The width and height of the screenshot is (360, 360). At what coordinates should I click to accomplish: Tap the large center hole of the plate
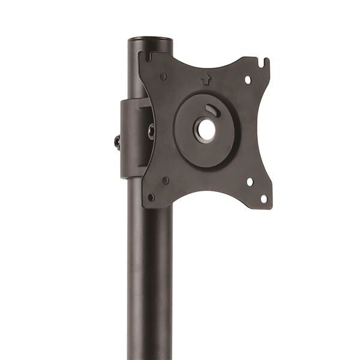pyautogui.click(x=206, y=130)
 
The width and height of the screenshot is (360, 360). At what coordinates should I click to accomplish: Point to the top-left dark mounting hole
pyautogui.click(x=163, y=76)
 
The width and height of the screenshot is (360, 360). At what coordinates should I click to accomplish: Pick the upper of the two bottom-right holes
pyautogui.click(x=250, y=181)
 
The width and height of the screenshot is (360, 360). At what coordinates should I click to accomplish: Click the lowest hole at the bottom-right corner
pyautogui.click(x=263, y=198)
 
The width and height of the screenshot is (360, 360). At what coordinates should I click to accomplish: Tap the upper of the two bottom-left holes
pyautogui.click(x=165, y=179)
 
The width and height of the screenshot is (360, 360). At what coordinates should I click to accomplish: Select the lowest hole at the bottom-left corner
pyautogui.click(x=151, y=196)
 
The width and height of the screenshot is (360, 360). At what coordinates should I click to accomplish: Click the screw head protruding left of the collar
pyautogui.click(x=118, y=142)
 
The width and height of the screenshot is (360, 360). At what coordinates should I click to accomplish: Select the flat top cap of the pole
pyautogui.click(x=150, y=40)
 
